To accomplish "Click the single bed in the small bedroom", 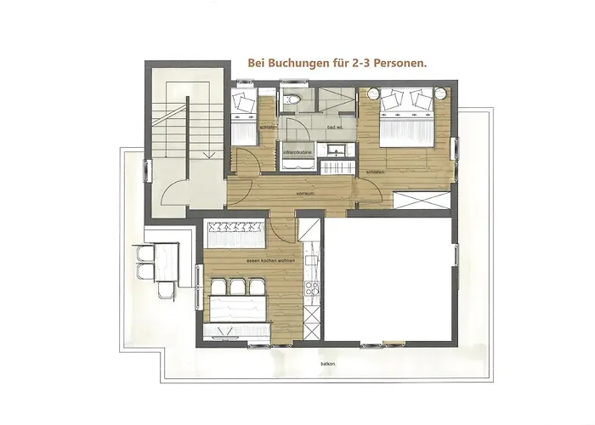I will [246, 119].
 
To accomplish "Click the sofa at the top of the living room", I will [236, 228].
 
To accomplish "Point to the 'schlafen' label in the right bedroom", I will [374, 173].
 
